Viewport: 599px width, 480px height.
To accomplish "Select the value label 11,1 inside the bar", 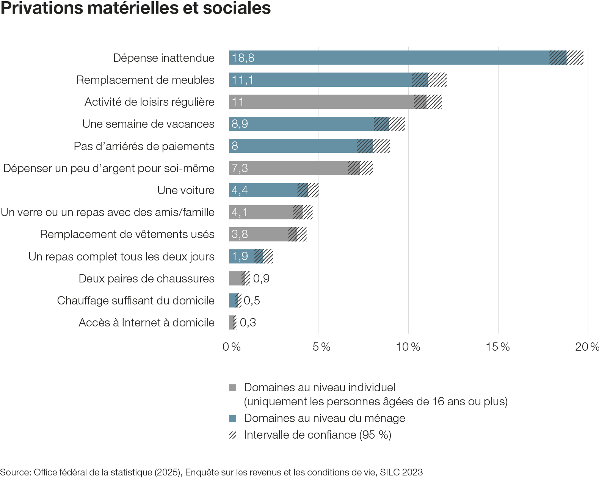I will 243,80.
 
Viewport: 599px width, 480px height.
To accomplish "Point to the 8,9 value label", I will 240,124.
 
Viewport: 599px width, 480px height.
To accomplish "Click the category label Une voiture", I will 186,190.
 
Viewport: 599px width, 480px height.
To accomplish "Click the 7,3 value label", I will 240,168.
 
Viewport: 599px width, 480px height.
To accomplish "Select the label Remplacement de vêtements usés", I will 127,234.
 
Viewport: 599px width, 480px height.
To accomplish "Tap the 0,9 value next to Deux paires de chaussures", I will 261,279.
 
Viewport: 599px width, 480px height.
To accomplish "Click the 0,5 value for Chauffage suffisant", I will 252,301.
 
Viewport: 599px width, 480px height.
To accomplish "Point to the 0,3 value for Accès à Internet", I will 248,323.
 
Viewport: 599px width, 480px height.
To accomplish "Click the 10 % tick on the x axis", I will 408,347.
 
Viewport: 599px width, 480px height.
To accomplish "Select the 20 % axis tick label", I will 586,347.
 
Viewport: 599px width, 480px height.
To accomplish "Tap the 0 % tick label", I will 231,347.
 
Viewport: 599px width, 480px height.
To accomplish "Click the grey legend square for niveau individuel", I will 232,387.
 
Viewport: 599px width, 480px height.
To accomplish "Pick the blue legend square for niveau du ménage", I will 232,419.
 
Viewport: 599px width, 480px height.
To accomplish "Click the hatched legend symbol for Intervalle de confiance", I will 232,435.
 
